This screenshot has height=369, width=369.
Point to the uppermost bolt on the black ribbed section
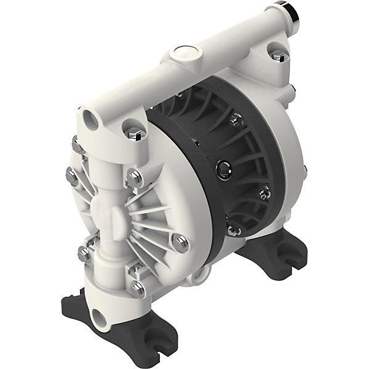[236, 121]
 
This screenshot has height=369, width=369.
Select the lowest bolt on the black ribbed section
[232, 229]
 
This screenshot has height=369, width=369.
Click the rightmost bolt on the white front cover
[180, 242]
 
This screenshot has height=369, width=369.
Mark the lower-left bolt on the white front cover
[84, 252]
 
